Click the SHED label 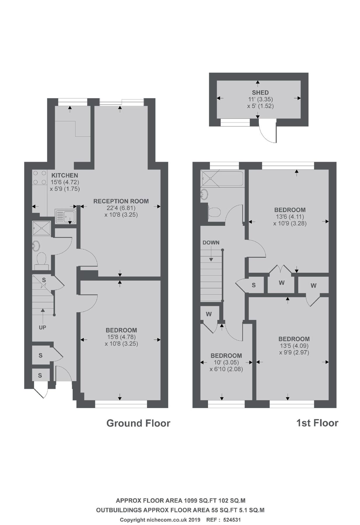pos(260,92)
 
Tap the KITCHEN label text pos(64,175)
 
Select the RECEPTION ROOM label pos(121,201)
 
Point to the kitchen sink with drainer pos(66,216)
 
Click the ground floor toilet pos(41,259)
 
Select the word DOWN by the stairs pos(211,242)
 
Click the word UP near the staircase pos(43,327)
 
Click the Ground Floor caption pos(138,423)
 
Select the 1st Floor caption pos(317,423)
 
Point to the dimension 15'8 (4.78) pos(121,337)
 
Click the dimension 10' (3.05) pos(226,362)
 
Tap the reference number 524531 pos(232,519)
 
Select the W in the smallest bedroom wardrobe pos(209,314)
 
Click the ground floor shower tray pos(41,228)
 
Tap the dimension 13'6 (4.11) pos(290,217)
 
